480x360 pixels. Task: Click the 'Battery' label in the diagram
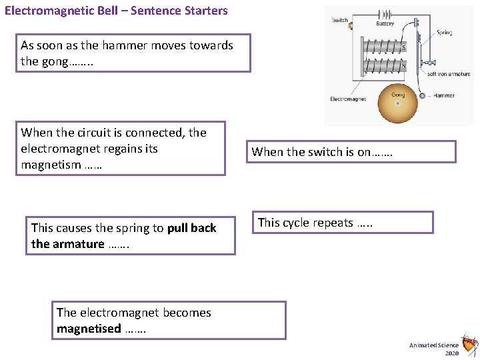385,24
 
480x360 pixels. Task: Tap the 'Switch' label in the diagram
340,20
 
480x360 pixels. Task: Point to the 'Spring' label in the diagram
444,32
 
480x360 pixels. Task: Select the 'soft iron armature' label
448,74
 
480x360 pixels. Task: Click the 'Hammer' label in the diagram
443,95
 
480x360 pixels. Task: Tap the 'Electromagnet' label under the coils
348,99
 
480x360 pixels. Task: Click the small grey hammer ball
422,96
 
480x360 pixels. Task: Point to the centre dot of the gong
398,104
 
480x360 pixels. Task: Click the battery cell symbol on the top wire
385,13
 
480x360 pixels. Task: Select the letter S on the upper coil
403,47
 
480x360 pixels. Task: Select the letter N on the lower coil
403,66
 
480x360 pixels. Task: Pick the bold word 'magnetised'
89,329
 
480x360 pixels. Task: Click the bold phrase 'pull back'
192,228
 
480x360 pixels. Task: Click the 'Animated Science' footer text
433,345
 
